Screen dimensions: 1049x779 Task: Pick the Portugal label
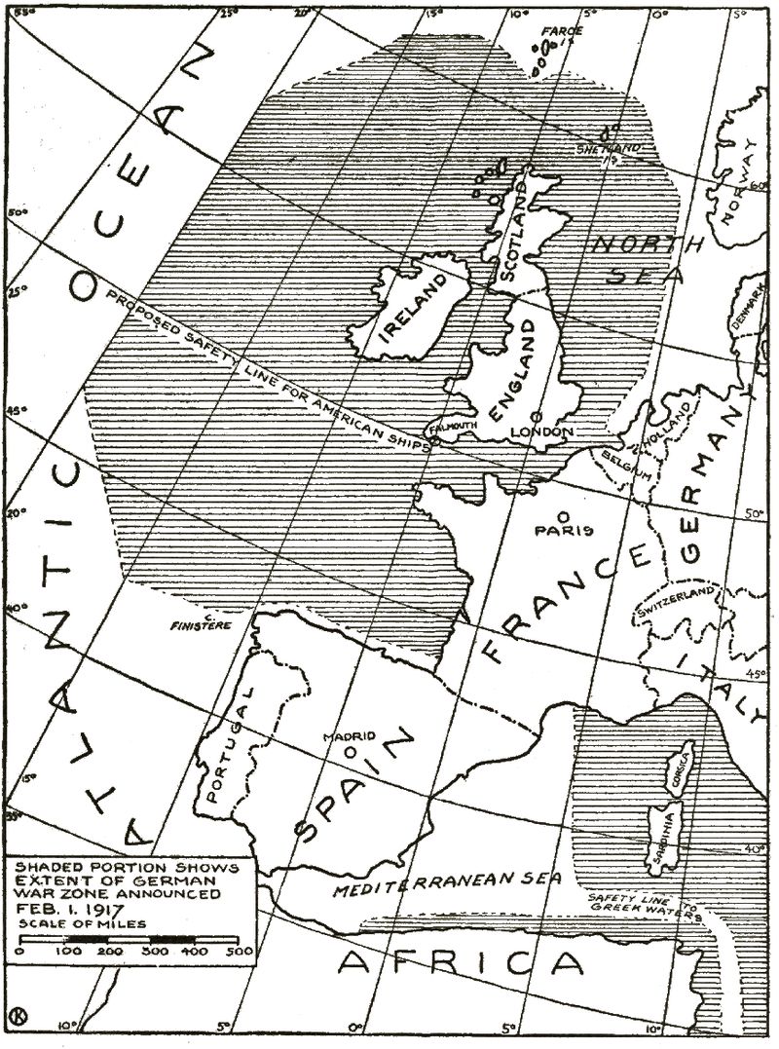tap(232, 742)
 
